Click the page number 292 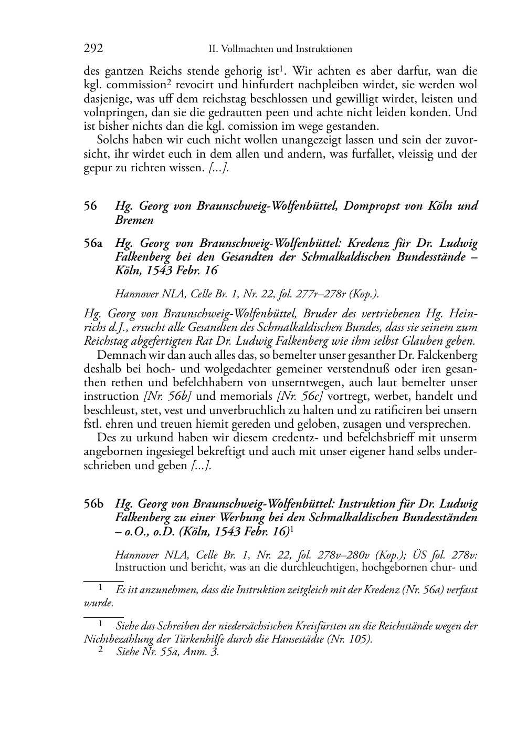[x=93, y=49]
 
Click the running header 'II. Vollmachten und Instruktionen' [x=280, y=49]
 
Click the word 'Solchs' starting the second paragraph [x=112, y=140]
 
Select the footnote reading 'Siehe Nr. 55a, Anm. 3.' [x=167, y=652]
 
